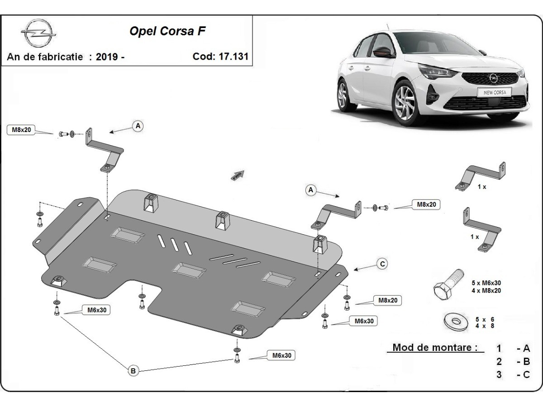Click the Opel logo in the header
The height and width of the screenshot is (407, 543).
38,34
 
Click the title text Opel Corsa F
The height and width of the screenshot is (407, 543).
169,31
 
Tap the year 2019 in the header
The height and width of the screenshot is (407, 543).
107,57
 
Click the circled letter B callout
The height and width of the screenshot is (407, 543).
133,371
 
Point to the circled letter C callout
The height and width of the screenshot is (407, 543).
382,264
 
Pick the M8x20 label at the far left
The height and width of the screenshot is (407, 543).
21,130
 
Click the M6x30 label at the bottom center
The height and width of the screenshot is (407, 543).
281,356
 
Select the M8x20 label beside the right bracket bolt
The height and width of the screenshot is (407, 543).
426,204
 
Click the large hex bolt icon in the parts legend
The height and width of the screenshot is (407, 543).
448,284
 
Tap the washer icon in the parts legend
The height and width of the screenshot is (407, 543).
455,322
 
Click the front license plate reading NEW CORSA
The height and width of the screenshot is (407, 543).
494,92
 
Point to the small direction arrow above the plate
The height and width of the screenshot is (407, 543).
238,175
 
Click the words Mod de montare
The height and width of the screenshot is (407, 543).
435,348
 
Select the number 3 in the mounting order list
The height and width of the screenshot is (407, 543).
499,374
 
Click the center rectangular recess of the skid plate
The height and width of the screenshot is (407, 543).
189,270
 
